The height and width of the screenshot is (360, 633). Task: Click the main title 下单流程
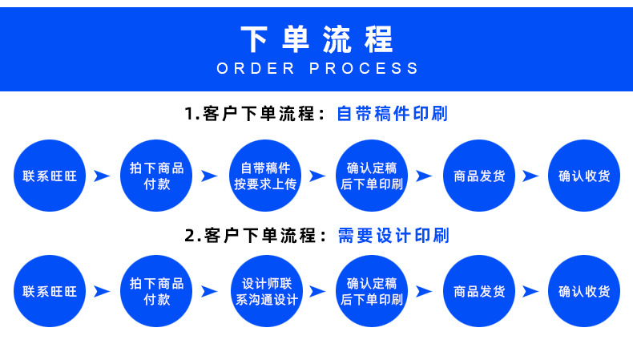coord(316,38)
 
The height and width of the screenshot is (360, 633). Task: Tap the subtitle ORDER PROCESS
coord(317,68)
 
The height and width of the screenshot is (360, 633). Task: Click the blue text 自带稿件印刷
coord(392,114)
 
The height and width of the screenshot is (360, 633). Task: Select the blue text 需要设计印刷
coord(393,236)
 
